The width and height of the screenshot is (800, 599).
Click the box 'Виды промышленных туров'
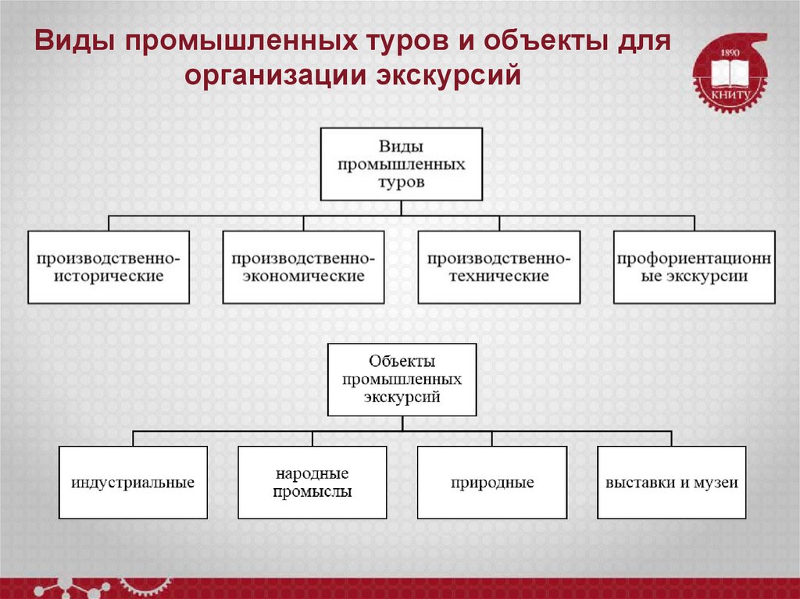[x=402, y=165]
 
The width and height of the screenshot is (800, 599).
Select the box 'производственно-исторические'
[x=109, y=267]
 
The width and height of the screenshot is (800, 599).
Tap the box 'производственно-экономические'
[x=303, y=267]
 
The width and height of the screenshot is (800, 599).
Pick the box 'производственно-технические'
[x=498, y=267]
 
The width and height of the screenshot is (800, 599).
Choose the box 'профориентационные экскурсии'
[x=694, y=267]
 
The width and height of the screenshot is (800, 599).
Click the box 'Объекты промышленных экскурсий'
[x=402, y=379]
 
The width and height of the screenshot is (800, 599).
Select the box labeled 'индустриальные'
[x=133, y=483]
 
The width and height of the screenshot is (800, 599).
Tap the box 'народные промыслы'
[x=312, y=483]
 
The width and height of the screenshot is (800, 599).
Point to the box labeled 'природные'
[x=491, y=483]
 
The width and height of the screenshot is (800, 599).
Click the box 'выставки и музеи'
[x=671, y=483]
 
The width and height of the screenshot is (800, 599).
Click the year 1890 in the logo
[x=729, y=52]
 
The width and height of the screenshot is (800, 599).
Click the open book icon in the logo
[x=730, y=74]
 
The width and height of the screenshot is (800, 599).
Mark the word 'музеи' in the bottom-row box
[x=719, y=483]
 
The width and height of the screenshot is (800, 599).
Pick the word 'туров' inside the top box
[x=402, y=183]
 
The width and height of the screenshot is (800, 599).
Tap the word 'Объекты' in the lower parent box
[x=402, y=362]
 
